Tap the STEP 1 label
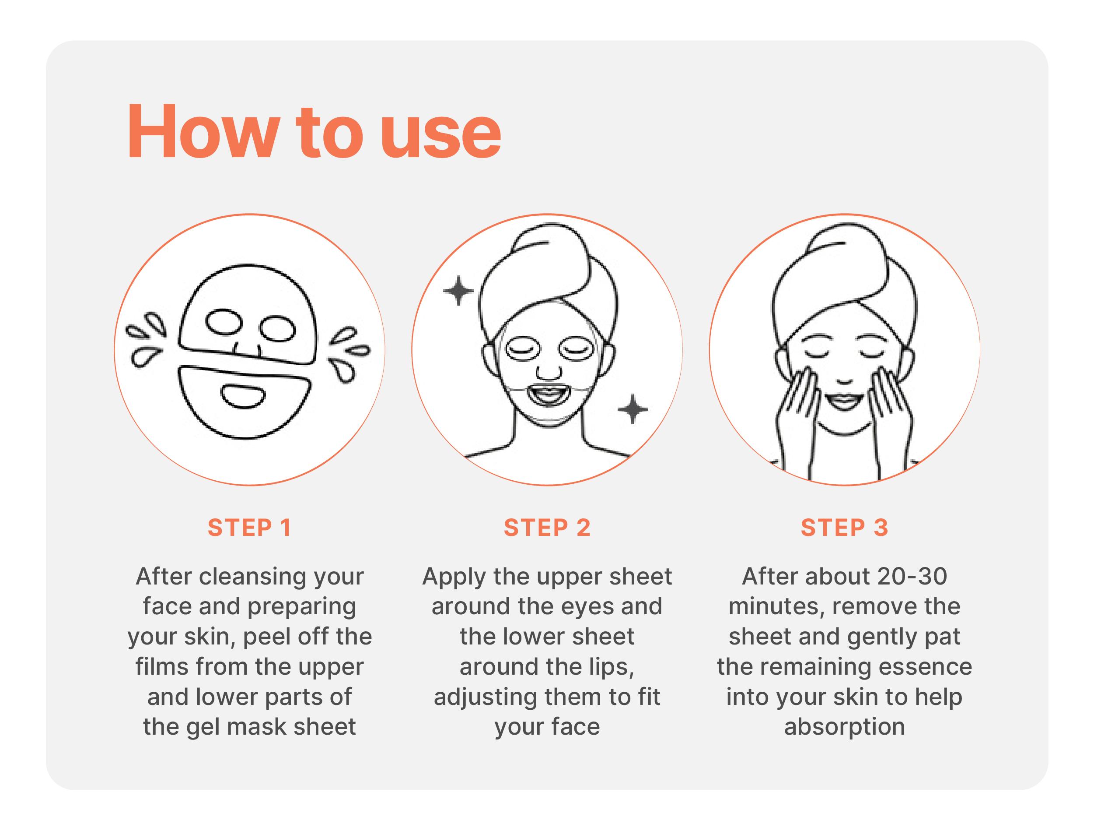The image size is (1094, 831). [249, 528]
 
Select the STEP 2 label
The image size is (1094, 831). [547, 528]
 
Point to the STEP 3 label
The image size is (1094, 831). [844, 528]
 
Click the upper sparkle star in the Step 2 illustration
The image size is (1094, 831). [458, 291]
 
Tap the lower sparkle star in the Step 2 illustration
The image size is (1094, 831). [633, 409]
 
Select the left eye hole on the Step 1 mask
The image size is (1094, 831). [224, 322]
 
